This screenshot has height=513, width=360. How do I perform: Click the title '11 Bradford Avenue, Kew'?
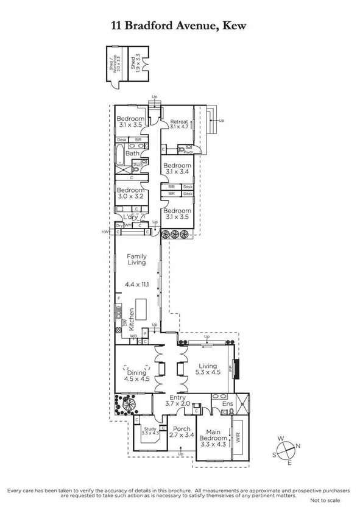(x=180, y=25)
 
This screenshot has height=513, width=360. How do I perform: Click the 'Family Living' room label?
(x=136, y=259)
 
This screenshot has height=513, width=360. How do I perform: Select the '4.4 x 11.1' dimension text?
(x=136, y=284)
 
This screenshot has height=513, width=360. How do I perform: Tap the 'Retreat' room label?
(x=179, y=122)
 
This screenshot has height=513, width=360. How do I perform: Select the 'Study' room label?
(x=150, y=430)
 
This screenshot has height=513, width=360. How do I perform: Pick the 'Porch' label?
(x=182, y=429)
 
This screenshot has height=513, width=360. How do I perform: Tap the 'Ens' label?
(x=228, y=404)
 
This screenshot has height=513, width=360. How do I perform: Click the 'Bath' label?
(x=132, y=154)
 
